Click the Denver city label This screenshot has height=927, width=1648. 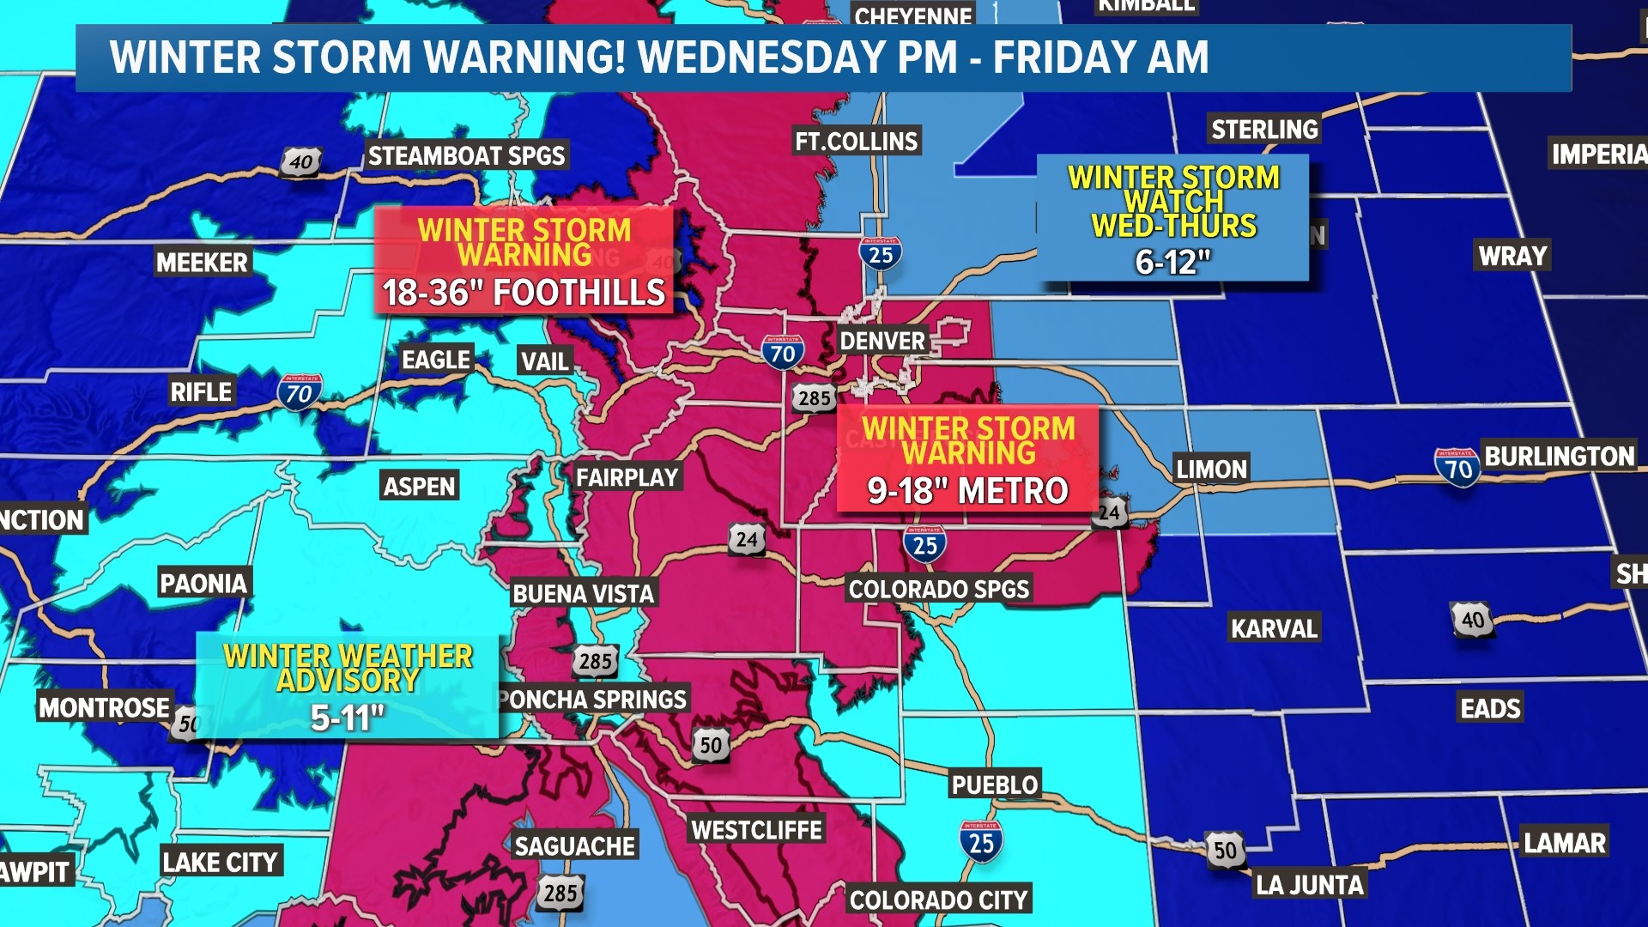pos(882,341)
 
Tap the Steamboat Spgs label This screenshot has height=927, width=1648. pos(466,155)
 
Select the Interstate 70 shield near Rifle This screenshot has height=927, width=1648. pos(299,393)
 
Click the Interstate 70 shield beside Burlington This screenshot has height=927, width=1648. pos(1457,468)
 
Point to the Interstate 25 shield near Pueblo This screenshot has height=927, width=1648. pos(980,842)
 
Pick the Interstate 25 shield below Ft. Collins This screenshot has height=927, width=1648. pos(881,254)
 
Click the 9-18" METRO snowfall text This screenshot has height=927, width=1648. pos(967,491)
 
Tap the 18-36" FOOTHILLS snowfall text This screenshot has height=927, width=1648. pos(524,293)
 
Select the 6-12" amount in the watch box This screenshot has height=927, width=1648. pos(1172,262)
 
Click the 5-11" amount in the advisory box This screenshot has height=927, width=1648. pos(347,718)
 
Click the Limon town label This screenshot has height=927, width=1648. pos(1211,469)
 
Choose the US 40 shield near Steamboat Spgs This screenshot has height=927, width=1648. pos(300,161)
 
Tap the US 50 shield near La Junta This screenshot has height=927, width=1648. pos(1225,850)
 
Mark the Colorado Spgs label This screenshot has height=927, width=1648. pos(938,589)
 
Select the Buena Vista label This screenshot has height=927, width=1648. pos(584,593)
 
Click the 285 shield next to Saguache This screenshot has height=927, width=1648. pos(560,893)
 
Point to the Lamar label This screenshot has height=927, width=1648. pos(1564,843)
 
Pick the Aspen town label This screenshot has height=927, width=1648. pos(419,487)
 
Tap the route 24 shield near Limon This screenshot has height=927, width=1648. pos(1110,513)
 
